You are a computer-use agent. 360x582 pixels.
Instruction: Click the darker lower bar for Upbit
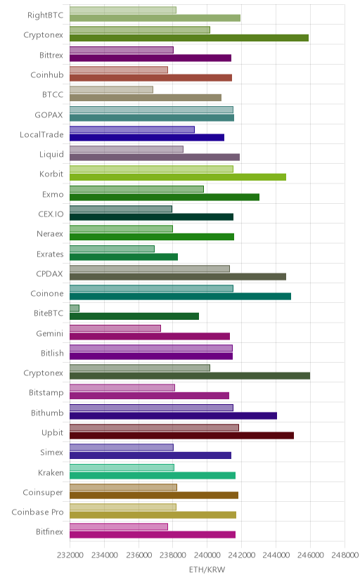[x=181, y=435]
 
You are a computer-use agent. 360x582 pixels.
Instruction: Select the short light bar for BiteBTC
[x=75, y=308]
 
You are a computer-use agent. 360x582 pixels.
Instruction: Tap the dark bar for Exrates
[x=124, y=257]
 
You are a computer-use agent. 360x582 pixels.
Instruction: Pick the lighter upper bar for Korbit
[x=151, y=169]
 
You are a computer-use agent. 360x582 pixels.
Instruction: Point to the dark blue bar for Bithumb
[x=173, y=415]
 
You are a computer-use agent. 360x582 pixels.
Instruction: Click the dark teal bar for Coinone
[x=181, y=296]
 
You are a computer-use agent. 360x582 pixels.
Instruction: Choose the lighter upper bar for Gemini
[x=115, y=328]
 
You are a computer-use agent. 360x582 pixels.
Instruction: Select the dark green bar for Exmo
[x=165, y=197]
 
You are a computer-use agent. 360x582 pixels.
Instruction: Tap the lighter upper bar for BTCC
[x=111, y=89]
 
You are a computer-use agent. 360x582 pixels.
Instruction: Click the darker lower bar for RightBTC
[x=155, y=18]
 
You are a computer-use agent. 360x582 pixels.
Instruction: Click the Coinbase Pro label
[x=37, y=512]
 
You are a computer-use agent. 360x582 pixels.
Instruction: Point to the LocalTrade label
[x=41, y=135]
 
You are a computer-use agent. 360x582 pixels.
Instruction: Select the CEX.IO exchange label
[x=51, y=214]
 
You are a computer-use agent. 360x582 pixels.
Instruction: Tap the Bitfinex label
[x=50, y=532]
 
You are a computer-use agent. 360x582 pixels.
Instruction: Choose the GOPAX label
[x=49, y=115]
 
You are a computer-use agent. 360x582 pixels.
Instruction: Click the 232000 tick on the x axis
[x=70, y=555]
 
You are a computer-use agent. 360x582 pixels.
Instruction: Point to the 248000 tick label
[x=345, y=555]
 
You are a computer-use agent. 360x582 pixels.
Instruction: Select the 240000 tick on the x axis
[x=207, y=555]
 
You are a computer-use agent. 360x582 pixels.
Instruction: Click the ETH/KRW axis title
[x=207, y=570]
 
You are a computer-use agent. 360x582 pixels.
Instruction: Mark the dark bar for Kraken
[x=153, y=475]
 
